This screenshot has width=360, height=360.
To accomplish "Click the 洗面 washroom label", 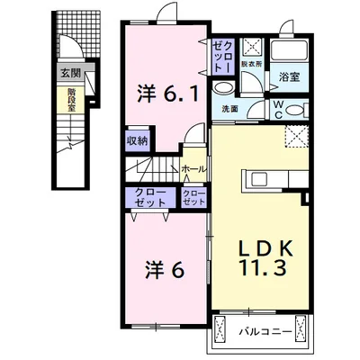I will [230, 109].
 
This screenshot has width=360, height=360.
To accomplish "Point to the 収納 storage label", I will [138, 140].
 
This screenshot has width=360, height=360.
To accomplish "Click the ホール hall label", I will [193, 168].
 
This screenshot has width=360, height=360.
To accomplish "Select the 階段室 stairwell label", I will [70, 98].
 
